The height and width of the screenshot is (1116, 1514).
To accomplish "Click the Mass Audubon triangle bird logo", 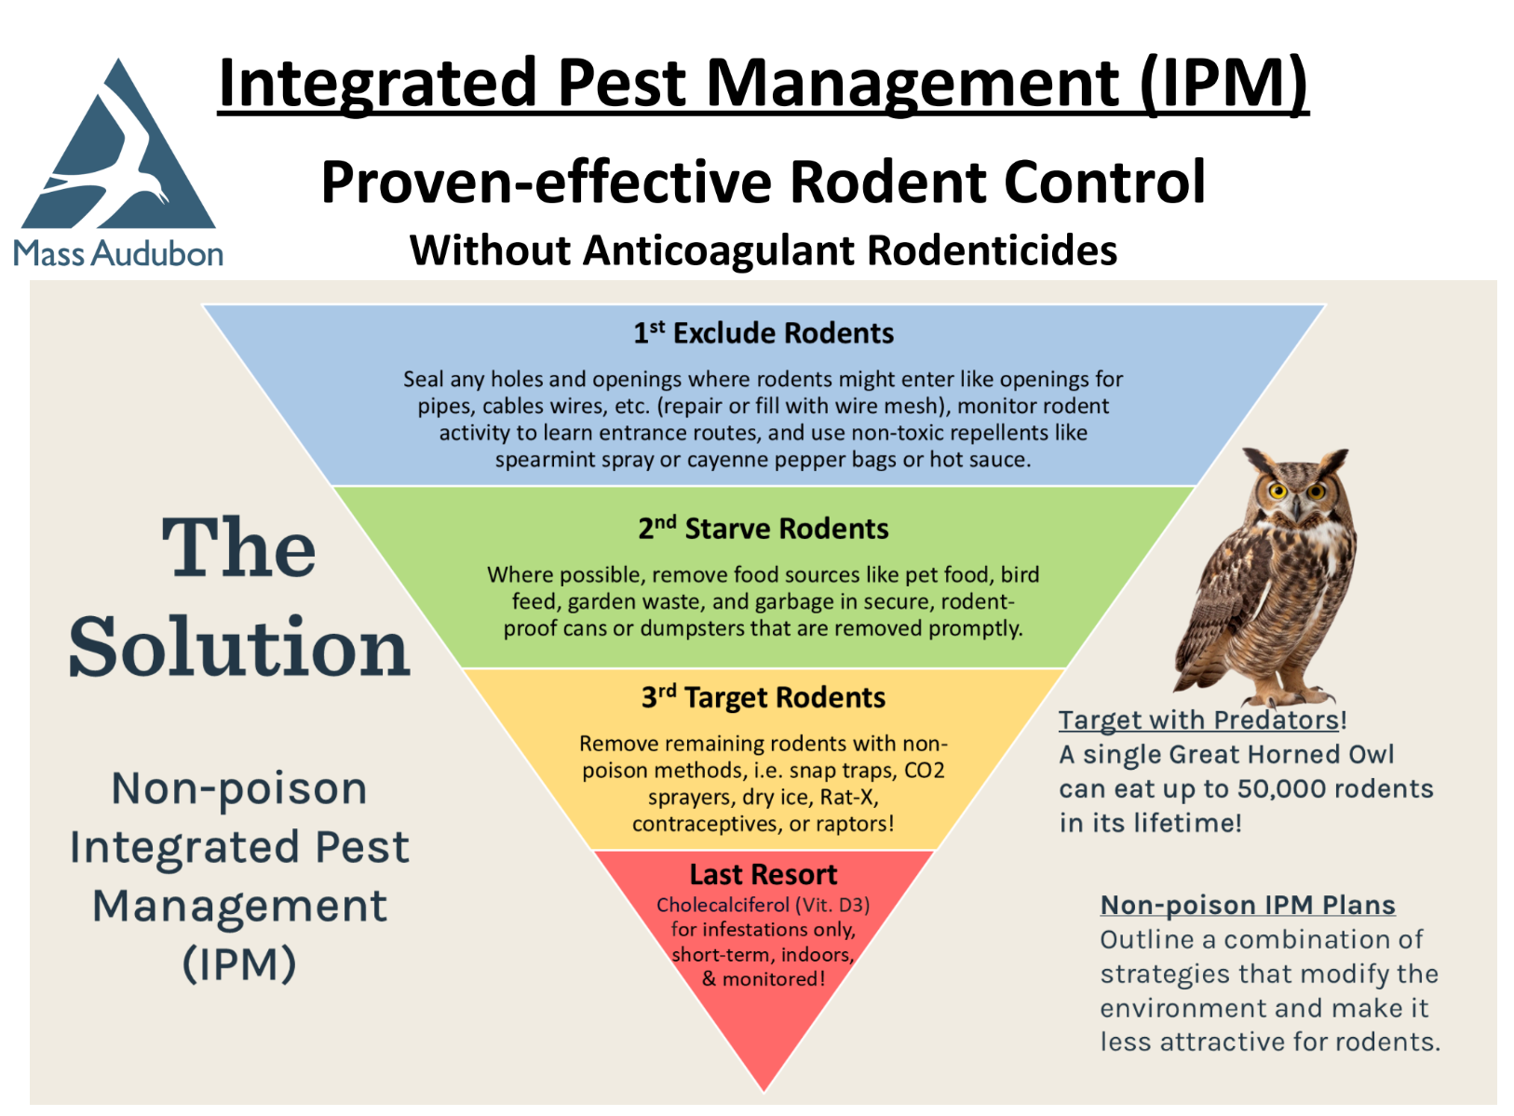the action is point(118,154).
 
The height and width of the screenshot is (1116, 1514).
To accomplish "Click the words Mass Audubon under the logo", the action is point(118,253).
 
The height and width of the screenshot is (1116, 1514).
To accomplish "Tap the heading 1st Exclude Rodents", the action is point(764,333).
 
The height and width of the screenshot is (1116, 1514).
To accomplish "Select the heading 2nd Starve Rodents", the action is point(764,529).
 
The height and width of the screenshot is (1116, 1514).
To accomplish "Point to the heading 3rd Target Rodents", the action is point(764,698).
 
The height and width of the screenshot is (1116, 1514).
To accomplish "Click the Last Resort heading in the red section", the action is point(764,875).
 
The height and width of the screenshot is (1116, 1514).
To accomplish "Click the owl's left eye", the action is point(1277,491).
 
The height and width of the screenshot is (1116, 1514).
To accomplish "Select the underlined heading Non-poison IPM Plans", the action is point(1248,906).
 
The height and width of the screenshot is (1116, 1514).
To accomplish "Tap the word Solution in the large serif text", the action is point(239,647).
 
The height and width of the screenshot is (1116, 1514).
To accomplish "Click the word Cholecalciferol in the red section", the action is point(723,906).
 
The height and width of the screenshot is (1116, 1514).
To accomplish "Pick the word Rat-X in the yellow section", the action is point(849,798).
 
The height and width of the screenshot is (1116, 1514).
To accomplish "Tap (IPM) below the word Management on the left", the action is point(239,964).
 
